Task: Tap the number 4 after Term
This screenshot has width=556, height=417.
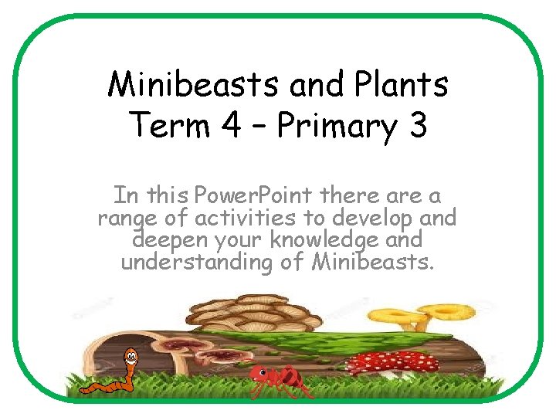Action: point(229,124)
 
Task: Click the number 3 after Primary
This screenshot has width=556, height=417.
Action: point(417,124)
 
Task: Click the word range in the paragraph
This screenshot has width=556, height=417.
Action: point(127,219)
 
